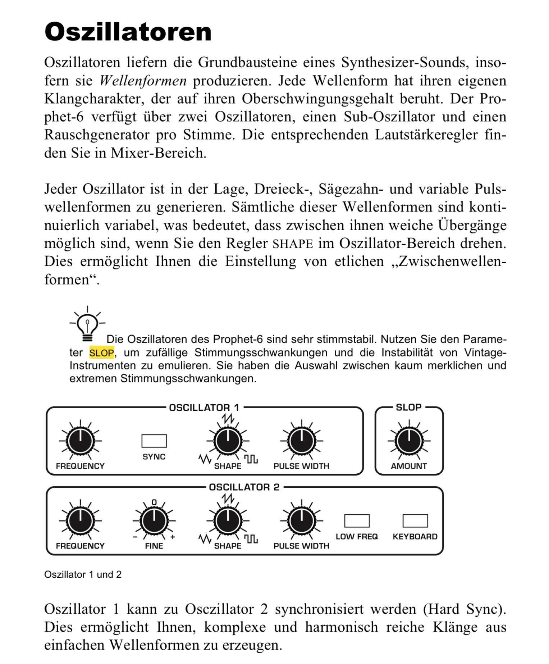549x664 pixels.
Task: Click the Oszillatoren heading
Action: click(128, 32)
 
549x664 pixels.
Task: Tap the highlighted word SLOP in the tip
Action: click(102, 353)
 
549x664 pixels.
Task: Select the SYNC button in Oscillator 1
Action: click(154, 441)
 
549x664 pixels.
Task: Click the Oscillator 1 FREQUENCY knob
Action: click(81, 441)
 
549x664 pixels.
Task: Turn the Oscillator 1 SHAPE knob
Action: click(228, 441)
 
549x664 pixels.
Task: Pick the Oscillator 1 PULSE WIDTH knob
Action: click(302, 441)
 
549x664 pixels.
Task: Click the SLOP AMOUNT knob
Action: click(409, 441)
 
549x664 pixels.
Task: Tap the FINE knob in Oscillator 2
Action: click(154, 521)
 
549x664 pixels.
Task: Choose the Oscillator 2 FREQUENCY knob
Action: click(81, 521)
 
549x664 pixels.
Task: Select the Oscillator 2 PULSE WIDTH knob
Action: click(302, 521)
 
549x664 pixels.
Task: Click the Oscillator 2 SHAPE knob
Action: click(228, 521)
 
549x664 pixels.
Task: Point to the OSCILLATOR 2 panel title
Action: click(244, 487)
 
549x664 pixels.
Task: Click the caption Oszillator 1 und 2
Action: click(83, 574)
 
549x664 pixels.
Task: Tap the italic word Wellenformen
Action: click(143, 81)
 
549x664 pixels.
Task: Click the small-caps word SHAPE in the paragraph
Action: click(293, 244)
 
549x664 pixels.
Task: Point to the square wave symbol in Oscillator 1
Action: click(251, 459)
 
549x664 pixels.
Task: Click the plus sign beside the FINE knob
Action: click(173, 537)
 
